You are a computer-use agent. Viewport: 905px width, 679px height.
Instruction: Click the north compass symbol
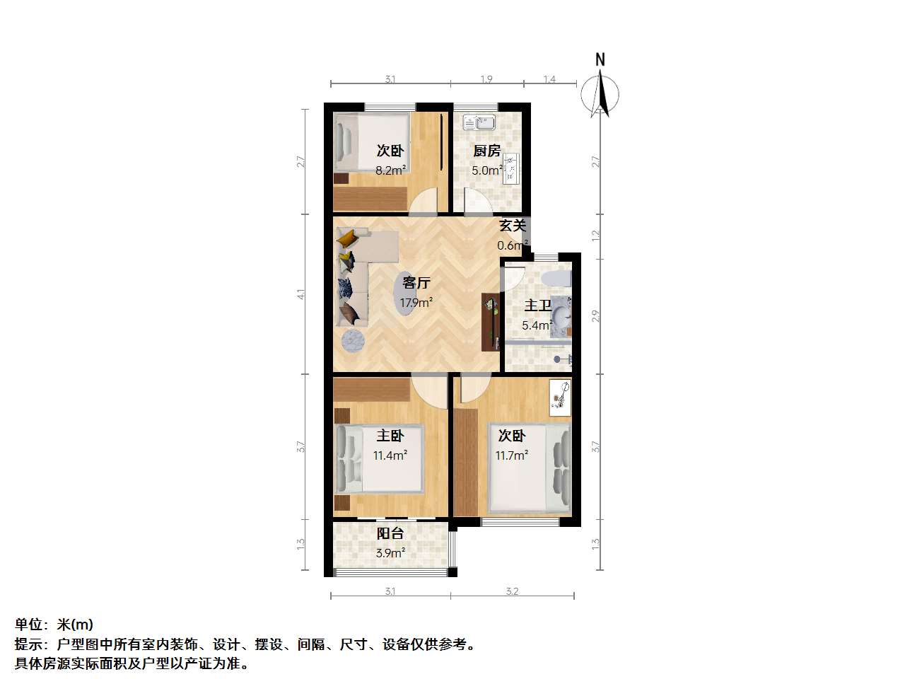click(600, 91)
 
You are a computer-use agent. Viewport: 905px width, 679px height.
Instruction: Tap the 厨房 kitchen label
click(486, 151)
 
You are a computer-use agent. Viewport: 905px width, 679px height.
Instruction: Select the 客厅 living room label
click(416, 283)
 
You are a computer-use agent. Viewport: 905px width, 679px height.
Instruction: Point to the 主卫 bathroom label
click(537, 306)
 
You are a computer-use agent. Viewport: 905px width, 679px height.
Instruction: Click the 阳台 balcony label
click(390, 534)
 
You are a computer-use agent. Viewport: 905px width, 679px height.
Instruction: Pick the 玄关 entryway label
click(513, 226)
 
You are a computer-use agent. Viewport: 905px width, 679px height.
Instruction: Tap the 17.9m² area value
click(416, 303)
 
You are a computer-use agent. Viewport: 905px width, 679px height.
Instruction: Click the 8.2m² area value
click(390, 170)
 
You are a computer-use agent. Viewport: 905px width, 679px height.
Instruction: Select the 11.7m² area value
click(511, 455)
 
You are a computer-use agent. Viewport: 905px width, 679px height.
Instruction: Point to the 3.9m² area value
click(390, 553)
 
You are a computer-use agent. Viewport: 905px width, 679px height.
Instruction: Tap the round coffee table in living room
click(354, 341)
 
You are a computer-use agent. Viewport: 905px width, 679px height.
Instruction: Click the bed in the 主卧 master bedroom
click(380, 458)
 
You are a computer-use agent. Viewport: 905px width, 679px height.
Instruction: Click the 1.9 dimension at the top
click(486, 79)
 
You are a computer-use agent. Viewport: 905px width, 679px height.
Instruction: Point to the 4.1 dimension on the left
click(301, 294)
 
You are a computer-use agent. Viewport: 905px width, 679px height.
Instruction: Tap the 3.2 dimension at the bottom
click(512, 591)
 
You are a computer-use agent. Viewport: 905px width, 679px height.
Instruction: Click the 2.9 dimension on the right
click(596, 315)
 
